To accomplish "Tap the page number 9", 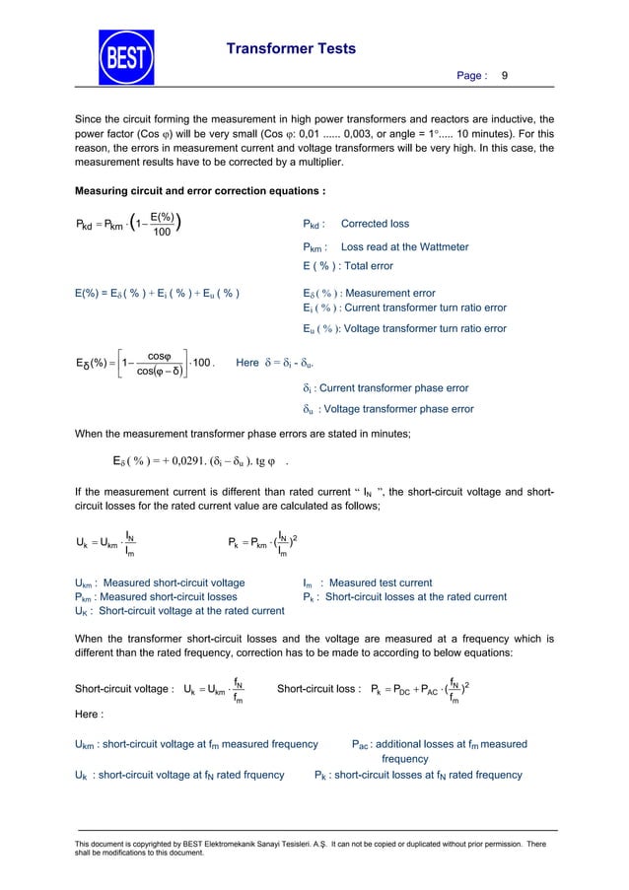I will [505, 75].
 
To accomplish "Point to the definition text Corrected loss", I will [374, 224].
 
